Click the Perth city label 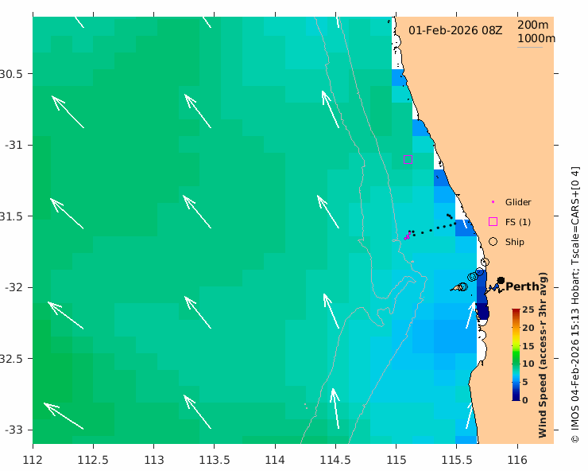point(522,286)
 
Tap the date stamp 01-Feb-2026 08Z point(455,30)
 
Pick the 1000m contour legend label point(536,38)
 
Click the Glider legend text point(518,202)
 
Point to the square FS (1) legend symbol point(493,221)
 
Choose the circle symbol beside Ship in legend point(493,241)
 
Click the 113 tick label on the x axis point(154,459)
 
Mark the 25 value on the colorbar point(528,310)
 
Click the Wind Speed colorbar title point(544,354)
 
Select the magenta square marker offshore point(408,159)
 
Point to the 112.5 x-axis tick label point(93,459)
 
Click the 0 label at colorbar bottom point(526,399)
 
